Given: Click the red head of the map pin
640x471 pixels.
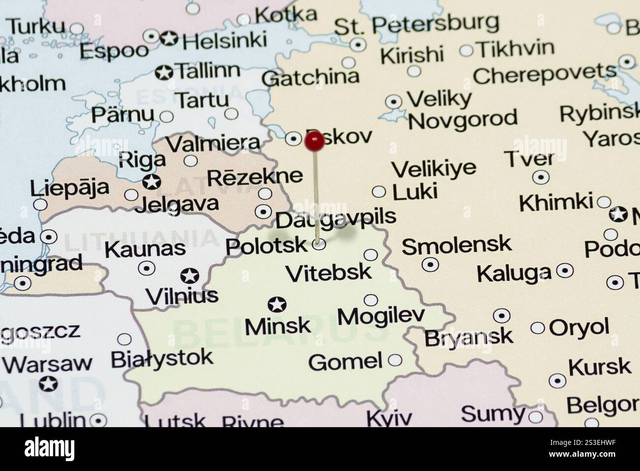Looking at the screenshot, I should click(314, 141).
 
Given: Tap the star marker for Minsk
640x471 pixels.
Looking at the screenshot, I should click(277, 304).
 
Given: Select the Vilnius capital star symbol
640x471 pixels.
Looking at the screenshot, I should click(190, 275).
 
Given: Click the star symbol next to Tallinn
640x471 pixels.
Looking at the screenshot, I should click(163, 73).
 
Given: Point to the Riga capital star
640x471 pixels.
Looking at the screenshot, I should click(152, 181).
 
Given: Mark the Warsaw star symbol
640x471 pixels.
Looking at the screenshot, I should click(48, 383).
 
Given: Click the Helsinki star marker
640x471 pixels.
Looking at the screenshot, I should click(169, 38).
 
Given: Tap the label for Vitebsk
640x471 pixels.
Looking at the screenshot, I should click(328, 272).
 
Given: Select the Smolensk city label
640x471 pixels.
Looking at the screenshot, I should click(456, 245).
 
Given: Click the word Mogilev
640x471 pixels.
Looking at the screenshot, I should click(381, 316).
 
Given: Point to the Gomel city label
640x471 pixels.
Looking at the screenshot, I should click(345, 362).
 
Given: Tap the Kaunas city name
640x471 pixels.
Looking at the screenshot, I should click(145, 249).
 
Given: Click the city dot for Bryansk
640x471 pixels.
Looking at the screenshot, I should click(501, 315).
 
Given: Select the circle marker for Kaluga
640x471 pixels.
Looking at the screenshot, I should click(565, 270).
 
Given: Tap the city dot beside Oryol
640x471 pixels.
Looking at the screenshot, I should click(538, 328).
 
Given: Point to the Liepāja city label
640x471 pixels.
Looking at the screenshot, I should click(69, 188).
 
